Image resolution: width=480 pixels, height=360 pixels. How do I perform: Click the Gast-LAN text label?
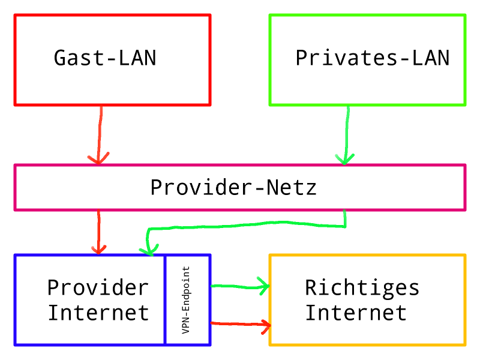(105, 58)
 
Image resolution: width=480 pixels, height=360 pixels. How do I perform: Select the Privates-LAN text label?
(372, 58)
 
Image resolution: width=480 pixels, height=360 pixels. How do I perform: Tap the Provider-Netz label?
(233, 188)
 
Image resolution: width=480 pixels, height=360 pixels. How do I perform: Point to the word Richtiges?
(362, 287)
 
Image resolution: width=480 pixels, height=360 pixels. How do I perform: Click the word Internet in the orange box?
(356, 313)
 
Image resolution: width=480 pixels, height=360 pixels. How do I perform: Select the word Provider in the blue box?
(98, 287)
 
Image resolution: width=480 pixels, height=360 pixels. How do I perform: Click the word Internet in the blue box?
(98, 313)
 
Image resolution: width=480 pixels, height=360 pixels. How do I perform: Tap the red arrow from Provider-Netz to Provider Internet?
(98, 231)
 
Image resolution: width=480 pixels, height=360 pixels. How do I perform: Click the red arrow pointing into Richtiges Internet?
(240, 325)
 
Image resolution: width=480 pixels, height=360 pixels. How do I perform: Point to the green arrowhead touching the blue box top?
(148, 248)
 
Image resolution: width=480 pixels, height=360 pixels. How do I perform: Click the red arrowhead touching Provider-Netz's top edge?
(98, 158)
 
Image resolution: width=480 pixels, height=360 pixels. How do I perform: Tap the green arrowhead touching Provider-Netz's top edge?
(345, 159)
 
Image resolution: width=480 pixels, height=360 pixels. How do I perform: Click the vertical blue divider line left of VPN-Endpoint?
(165, 300)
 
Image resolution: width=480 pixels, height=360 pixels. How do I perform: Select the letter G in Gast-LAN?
(60, 58)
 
